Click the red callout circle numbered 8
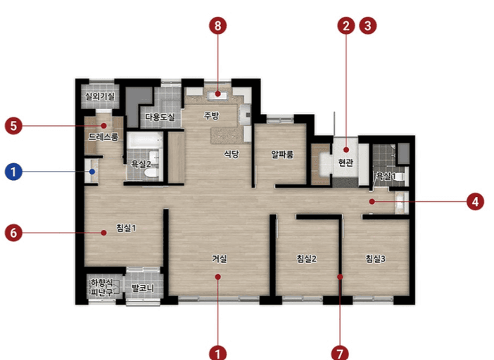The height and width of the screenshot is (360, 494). pyautogui.click(x=217, y=25)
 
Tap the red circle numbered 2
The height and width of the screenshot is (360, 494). pyautogui.click(x=346, y=25)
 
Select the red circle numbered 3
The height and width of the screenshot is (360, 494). pyautogui.click(x=367, y=25)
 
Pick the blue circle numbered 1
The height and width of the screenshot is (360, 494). pyautogui.click(x=13, y=172)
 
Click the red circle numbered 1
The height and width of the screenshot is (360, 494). pyautogui.click(x=217, y=353)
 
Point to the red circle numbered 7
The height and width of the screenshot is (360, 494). pyautogui.click(x=340, y=353)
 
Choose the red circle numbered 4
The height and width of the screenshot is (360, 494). pyautogui.click(x=476, y=201)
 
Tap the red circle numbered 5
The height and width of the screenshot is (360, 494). pyautogui.click(x=13, y=126)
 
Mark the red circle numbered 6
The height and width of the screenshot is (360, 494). pyautogui.click(x=13, y=233)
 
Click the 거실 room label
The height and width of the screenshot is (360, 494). pyautogui.click(x=220, y=259)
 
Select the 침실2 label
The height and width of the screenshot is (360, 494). pyautogui.click(x=307, y=259)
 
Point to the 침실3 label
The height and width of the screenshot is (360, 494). pyautogui.click(x=375, y=259)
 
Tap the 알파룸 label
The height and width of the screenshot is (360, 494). pyautogui.click(x=282, y=154)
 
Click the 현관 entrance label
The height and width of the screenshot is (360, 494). pyautogui.click(x=346, y=162)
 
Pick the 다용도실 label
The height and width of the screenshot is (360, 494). pyautogui.click(x=160, y=117)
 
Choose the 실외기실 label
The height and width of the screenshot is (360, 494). pyautogui.click(x=100, y=96)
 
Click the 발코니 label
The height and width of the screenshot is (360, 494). pyautogui.click(x=143, y=288)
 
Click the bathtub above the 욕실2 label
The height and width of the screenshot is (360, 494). pyautogui.click(x=144, y=140)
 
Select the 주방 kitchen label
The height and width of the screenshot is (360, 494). pyautogui.click(x=211, y=116)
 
